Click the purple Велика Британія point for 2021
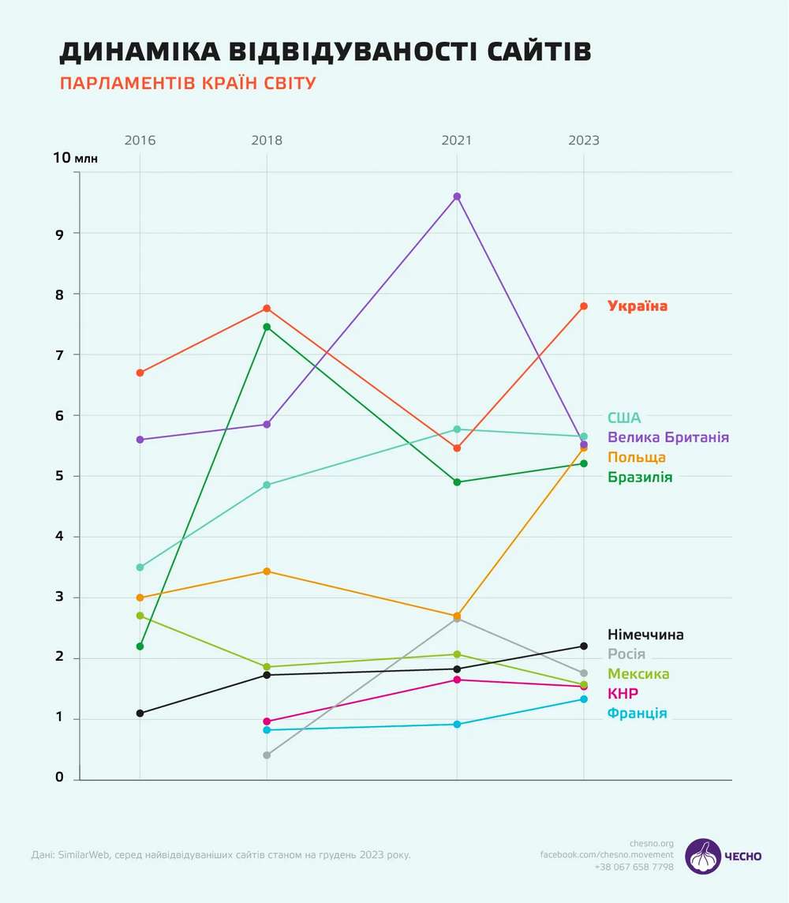[457, 197]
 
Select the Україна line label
[638, 306]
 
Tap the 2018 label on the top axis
[267, 141]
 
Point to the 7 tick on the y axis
[58, 354]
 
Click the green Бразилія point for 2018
[267, 327]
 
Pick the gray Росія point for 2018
[267, 755]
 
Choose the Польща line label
[637, 458]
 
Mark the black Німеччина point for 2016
[140, 714]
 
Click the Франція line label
[638, 714]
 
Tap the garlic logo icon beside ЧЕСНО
[702, 856]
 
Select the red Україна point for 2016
[140, 373]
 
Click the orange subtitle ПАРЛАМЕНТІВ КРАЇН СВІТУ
[188, 84]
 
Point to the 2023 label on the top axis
[584, 141]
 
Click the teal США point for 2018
[267, 485]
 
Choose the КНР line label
[623, 694]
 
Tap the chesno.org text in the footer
[652, 842]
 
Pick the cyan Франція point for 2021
[457, 724]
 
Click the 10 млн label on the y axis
[75, 158]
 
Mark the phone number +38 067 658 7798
[634, 867]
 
